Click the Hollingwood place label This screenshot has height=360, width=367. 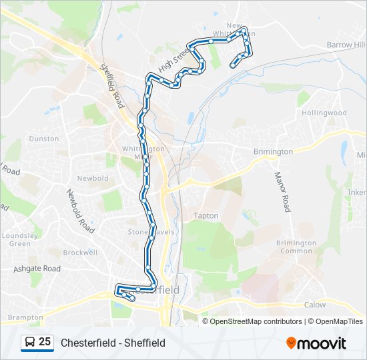[x=324, y=113]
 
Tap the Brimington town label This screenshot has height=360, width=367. [x=274, y=151]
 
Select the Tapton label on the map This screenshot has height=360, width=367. [x=206, y=216]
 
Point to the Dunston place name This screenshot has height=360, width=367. [x=44, y=139]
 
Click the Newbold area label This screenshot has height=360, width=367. [x=93, y=179]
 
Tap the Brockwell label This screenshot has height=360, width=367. [x=80, y=253]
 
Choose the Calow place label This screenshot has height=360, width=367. [x=315, y=305]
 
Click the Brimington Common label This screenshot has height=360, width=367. [x=296, y=247]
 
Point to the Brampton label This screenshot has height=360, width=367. [x=25, y=317]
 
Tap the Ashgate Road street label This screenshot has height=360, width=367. [x=37, y=269]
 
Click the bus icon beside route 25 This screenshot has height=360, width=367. [x=29, y=342]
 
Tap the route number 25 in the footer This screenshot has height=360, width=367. [x=45, y=342]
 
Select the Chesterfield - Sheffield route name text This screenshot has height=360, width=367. [x=113, y=343]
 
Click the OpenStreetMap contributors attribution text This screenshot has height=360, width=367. [x=256, y=321]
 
